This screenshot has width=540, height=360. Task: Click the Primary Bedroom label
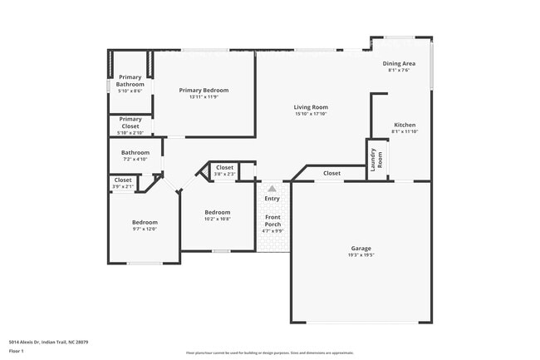204,90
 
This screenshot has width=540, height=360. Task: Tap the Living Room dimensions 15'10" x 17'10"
311,114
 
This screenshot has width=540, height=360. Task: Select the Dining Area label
399,63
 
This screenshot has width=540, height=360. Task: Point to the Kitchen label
404,125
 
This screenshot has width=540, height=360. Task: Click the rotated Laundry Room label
376,159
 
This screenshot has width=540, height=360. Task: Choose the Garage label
361,248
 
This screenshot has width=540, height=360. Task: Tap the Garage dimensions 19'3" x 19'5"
361,254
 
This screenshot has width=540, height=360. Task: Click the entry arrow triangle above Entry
272,189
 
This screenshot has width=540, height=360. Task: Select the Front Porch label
272,220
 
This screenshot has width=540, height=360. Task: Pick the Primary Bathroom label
130,81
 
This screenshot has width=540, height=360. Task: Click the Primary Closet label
130,122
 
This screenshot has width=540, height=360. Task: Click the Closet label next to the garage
331,173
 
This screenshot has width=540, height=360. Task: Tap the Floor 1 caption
17,351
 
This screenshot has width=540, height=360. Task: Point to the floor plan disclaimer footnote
269,352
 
